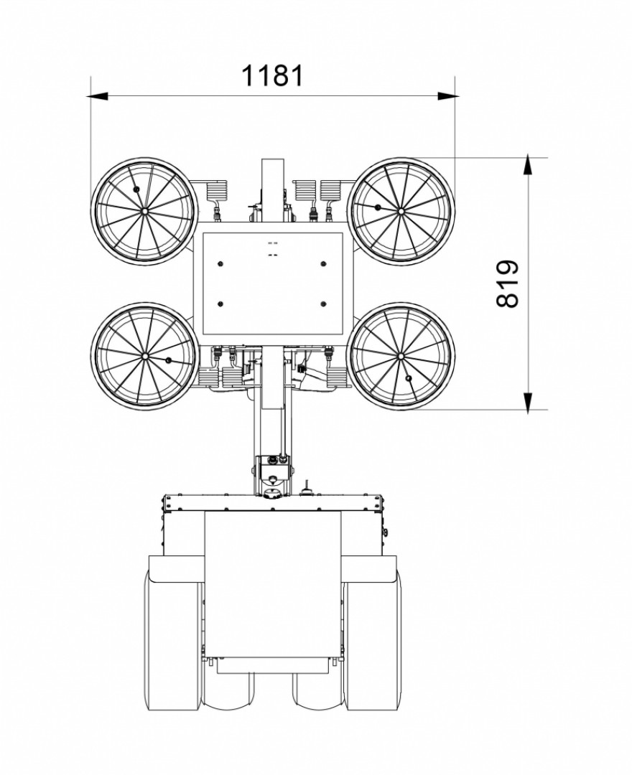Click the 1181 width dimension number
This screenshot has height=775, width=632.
[x=271, y=75]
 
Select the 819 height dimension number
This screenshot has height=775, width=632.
[x=508, y=283]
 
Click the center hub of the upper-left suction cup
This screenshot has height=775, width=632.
[x=144, y=211]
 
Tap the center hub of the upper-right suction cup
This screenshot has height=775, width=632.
[x=401, y=210]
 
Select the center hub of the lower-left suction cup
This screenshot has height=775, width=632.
[x=144, y=356]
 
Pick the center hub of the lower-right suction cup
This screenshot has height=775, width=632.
[x=401, y=356]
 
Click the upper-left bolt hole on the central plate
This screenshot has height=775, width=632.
[x=220, y=262]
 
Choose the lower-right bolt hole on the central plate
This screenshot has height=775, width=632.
[x=324, y=304]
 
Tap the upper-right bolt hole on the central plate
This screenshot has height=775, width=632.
[x=324, y=262]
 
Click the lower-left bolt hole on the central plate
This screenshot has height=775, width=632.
[x=220, y=304]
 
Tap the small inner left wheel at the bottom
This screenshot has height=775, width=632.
[x=228, y=689]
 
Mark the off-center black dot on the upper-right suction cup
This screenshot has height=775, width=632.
[x=376, y=207]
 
